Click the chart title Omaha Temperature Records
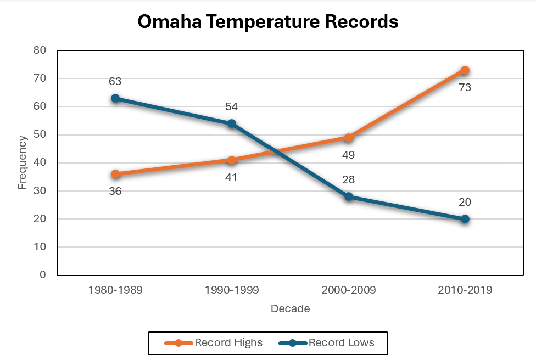(267, 22)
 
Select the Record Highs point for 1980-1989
(115, 174)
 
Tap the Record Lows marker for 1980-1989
(115, 98)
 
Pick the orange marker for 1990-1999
(232, 160)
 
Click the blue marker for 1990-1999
(232, 123)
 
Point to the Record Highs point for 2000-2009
(348, 138)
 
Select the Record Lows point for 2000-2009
(348, 196)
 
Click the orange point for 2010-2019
(465, 70)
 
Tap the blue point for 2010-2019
(465, 219)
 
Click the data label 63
(115, 82)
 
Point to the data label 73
(465, 87)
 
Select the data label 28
(348, 180)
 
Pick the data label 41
(232, 177)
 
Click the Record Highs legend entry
(214, 343)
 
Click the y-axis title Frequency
(22, 162)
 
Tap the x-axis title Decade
(290, 309)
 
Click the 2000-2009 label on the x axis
(348, 290)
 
